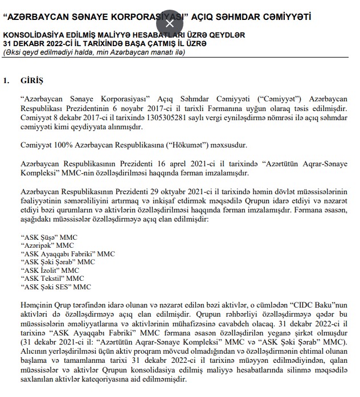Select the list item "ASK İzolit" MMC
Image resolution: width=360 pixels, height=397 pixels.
pos(50,270)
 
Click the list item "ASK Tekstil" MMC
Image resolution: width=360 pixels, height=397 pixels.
pos(51,279)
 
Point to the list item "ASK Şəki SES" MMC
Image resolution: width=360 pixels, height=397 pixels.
pos(55,287)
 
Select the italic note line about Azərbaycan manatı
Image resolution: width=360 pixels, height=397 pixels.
pos(94,52)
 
